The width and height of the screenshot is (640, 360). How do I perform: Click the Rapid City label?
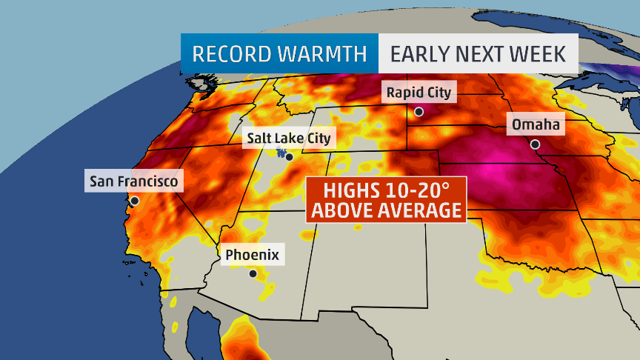[419, 93]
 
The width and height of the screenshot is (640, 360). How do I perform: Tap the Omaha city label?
[536, 125]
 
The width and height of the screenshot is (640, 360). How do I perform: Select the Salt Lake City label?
[289, 138]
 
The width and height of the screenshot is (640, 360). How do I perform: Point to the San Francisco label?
[134, 181]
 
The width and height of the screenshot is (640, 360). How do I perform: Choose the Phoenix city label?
[252, 255]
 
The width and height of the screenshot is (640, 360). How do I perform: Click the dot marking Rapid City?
[419, 112]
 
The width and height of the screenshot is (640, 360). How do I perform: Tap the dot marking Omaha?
[535, 144]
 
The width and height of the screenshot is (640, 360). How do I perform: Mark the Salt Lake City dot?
[289, 157]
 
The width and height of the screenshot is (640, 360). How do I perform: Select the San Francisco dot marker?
[134, 200]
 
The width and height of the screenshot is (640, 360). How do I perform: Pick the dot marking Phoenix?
[253, 273]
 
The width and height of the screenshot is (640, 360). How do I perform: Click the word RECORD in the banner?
[235, 54]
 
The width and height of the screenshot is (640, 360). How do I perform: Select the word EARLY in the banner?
[419, 54]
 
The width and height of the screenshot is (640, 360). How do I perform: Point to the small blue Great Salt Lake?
[281, 153]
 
